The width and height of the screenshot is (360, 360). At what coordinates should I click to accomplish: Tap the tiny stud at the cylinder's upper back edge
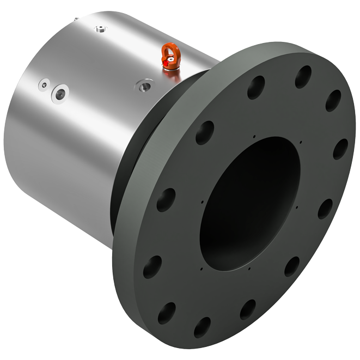point(76,18)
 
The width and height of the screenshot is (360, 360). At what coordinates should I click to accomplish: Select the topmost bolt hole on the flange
point(303,77)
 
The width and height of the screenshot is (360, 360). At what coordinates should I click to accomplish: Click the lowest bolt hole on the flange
point(202,327)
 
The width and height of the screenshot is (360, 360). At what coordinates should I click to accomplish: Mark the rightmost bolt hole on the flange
point(340,149)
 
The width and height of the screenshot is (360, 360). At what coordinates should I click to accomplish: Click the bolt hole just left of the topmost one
point(256,87)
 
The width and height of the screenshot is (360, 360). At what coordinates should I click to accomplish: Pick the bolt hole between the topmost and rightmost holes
point(333,101)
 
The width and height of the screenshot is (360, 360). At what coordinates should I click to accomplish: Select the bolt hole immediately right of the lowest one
point(248,309)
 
